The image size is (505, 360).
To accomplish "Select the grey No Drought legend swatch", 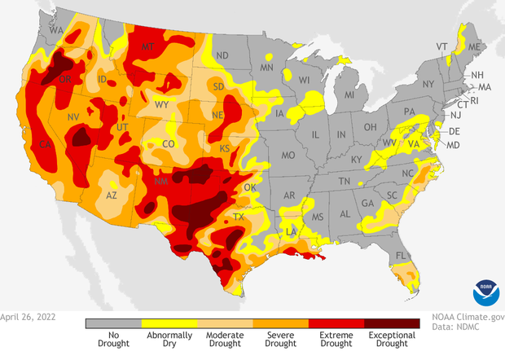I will (112, 323).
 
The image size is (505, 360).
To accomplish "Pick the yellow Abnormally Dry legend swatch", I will (168, 323).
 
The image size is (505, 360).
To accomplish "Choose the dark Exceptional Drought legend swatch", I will (391, 323).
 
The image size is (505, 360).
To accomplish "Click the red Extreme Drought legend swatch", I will (335, 323).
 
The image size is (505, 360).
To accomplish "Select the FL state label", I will (399, 256).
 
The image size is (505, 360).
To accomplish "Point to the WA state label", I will (56, 30).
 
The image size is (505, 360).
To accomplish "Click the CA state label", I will (46, 145).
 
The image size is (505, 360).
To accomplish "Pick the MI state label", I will (349, 96).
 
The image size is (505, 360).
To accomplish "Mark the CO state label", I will (169, 144).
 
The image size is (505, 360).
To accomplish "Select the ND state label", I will (222, 55).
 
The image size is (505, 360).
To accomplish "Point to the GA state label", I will (367, 204).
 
